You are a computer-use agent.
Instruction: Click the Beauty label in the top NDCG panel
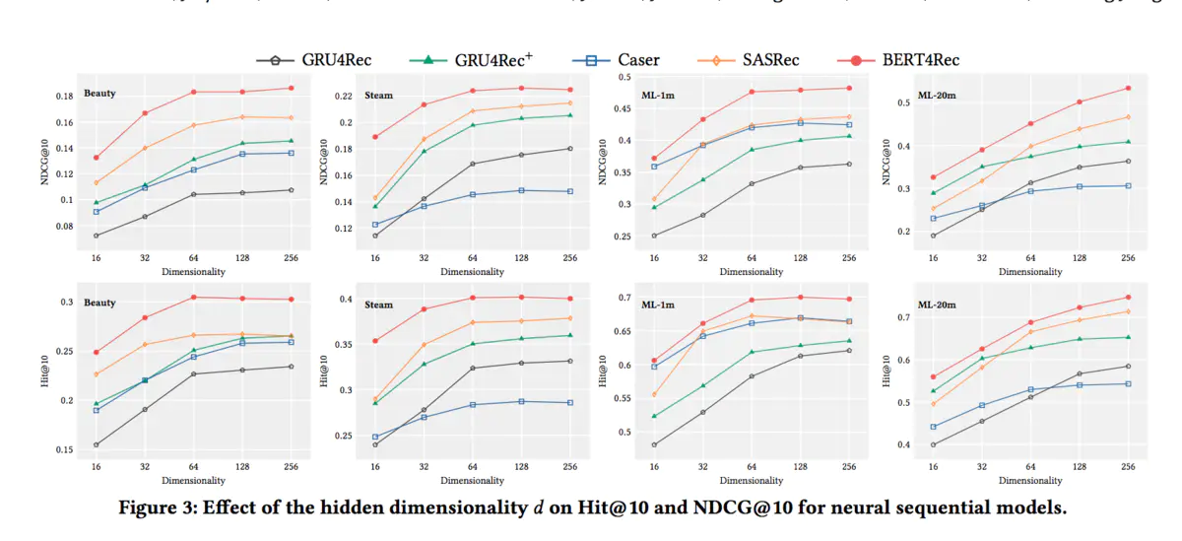pos(99,94)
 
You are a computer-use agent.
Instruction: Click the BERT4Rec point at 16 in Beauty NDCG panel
pos(96,158)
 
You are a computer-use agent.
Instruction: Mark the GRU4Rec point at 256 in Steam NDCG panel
pos(569,149)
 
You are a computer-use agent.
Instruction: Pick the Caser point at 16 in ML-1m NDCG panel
pos(653,167)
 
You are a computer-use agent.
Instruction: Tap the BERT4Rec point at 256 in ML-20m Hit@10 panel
pos(1128,297)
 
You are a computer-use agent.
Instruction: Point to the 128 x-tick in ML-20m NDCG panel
pos(1079,258)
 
